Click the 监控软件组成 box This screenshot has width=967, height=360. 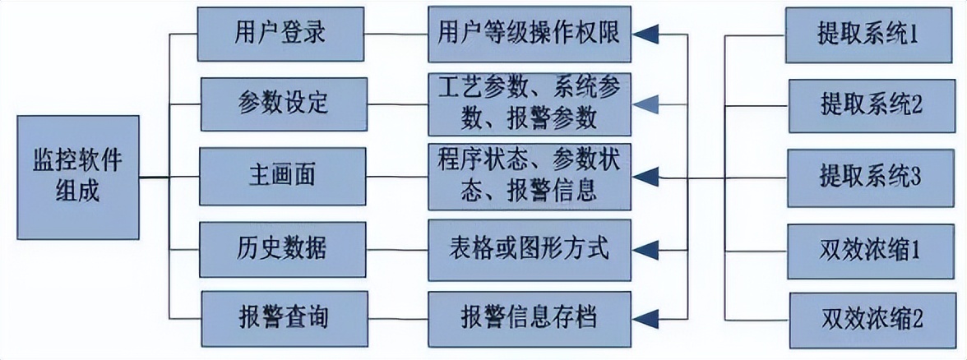tap(78, 177)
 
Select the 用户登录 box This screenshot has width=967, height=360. tap(282, 34)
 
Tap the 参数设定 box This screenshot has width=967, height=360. tap(282, 103)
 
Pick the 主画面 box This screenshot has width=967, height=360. tap(282, 176)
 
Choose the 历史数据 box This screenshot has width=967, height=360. tap(282, 247)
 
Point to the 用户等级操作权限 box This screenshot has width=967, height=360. tap(529, 34)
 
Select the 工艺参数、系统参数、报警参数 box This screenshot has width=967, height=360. tap(529, 103)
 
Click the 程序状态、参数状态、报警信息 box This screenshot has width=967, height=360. tap(529, 176)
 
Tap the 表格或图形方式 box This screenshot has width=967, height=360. tap(529, 247)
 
